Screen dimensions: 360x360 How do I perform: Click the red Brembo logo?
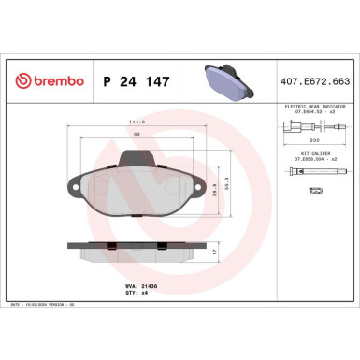click(x=46, y=81)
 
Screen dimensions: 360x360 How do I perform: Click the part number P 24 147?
click(x=136, y=81)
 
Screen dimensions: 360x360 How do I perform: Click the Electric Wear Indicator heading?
click(x=315, y=107)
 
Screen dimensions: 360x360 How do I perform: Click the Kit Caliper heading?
click(x=315, y=152)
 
